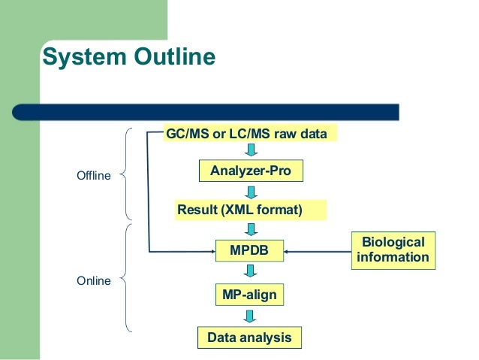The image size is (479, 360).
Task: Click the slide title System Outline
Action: [128, 58]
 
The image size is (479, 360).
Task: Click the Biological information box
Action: [393, 250]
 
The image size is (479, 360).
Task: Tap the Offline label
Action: [94, 176]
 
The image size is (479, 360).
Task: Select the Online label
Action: [94, 281]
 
